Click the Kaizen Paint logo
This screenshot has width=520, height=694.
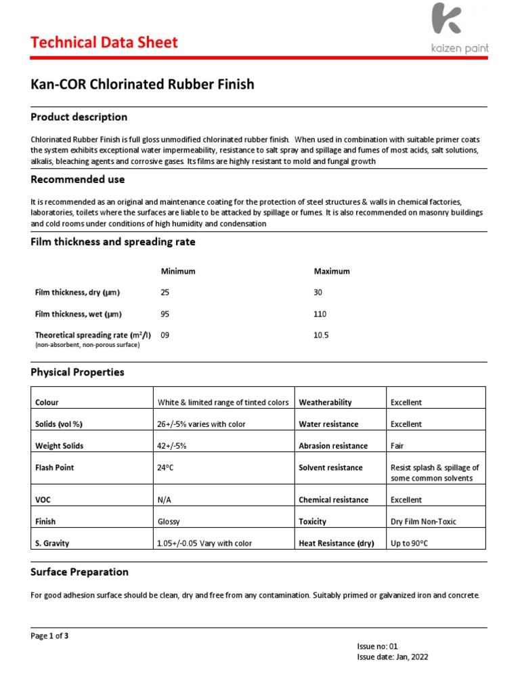(460, 28)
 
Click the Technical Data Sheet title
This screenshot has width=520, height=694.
(104, 43)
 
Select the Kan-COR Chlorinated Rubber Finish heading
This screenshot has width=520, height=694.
(142, 85)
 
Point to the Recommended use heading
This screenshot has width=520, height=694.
(77, 180)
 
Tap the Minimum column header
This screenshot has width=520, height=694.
(177, 271)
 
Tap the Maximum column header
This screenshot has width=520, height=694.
(332, 271)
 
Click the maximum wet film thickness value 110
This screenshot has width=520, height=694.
(320, 314)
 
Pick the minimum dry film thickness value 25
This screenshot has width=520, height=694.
(165, 292)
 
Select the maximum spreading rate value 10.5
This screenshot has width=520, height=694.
(321, 335)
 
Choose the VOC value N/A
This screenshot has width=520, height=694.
(164, 499)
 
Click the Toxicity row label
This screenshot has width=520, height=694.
(312, 522)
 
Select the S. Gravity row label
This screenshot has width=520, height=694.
(52, 544)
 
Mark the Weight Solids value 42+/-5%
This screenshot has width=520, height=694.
(177, 446)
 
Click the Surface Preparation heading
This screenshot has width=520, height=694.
(79, 572)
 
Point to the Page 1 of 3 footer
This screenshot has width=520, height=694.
(49, 636)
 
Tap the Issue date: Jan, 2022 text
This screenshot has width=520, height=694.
(392, 657)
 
